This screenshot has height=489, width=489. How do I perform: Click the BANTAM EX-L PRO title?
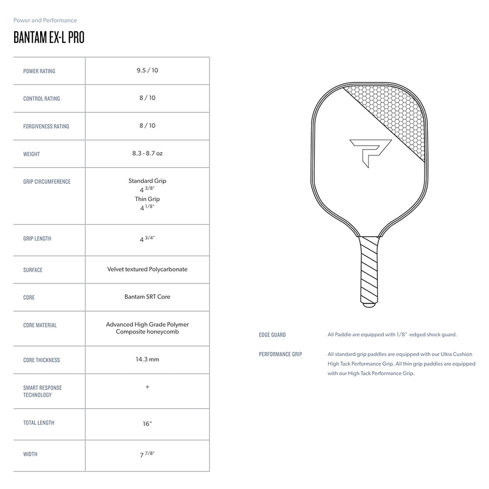(49, 38)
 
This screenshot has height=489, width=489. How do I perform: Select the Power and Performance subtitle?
(45, 21)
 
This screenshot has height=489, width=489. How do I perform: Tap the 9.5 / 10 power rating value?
(147, 70)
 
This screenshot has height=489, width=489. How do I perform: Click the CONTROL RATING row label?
(42, 99)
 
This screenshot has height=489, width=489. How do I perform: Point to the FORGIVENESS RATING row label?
(46, 126)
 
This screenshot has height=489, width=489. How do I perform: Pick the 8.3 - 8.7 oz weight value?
(147, 154)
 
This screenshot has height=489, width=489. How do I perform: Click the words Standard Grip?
(147, 181)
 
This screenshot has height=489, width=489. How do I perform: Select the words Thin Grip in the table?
(147, 199)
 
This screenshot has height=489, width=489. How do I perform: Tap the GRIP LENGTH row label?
(37, 239)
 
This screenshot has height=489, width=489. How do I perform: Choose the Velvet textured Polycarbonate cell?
(147, 269)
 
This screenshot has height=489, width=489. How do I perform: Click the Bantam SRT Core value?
(147, 297)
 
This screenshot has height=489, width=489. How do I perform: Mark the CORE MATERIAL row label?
(40, 325)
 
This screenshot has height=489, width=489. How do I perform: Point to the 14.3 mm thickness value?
(147, 359)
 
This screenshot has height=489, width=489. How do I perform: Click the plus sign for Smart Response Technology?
(147, 387)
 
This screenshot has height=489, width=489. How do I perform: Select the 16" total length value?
(147, 424)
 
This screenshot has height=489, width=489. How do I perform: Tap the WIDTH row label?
(30, 454)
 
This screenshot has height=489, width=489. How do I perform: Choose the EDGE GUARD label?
(272, 335)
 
